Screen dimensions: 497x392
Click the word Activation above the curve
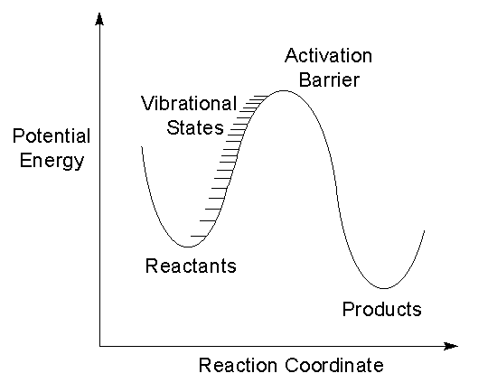pos(328,56)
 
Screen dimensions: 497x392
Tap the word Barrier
pos(329,79)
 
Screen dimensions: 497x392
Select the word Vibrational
pos(189,103)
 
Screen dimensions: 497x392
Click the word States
pos(195,127)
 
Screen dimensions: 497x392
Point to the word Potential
pos(52,136)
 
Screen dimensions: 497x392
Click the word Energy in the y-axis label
pos(52,161)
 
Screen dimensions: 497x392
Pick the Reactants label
pos(191,266)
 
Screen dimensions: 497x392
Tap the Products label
pos(382,309)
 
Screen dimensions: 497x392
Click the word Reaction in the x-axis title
pos(238,365)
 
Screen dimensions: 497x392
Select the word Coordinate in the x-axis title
pos(334,365)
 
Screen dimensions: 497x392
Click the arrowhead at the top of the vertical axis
pos(99,19)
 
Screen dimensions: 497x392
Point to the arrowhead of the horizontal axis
pos(451,346)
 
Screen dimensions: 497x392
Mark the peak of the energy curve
pos(283,91)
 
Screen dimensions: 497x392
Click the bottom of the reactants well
pos(188,247)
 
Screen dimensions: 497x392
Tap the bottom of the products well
pos(383,288)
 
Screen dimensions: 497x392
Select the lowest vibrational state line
pos(198,236)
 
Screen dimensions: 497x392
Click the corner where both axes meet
pos(99,346)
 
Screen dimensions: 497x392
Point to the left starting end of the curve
pos(142,146)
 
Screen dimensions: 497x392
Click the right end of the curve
pos(424,231)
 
